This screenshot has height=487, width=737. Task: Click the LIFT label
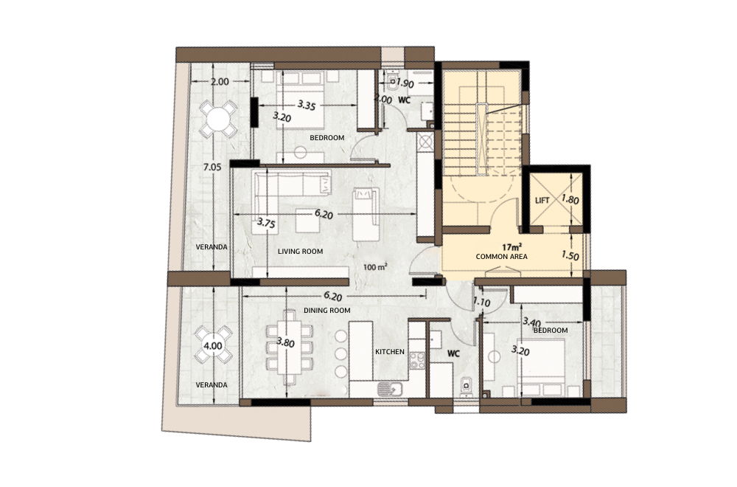click(x=542, y=201)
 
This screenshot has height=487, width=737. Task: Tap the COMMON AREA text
click(x=501, y=257)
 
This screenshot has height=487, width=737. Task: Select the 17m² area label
click(x=512, y=247)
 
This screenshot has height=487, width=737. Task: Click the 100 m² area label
click(x=375, y=267)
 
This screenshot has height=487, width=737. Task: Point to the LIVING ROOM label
click(x=300, y=252)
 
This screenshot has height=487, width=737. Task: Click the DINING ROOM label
click(x=326, y=311)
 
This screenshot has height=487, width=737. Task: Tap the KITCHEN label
click(x=390, y=351)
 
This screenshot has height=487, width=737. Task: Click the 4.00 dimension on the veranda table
click(x=212, y=346)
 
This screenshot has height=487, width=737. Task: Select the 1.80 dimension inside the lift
click(x=570, y=199)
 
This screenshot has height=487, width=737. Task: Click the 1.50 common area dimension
click(x=570, y=256)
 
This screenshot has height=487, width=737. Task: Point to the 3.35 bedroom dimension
click(x=306, y=105)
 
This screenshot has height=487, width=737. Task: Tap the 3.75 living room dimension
click(x=266, y=223)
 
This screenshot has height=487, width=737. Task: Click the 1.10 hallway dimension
click(x=481, y=303)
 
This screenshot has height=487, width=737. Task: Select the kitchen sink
click(x=390, y=389)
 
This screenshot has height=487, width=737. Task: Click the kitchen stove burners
click(x=417, y=361)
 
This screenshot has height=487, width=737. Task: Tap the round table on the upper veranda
click(x=217, y=119)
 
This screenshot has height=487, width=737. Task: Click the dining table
click(x=290, y=347)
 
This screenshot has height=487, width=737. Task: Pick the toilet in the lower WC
click(x=467, y=387)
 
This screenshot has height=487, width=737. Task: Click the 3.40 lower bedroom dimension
click(x=531, y=322)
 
